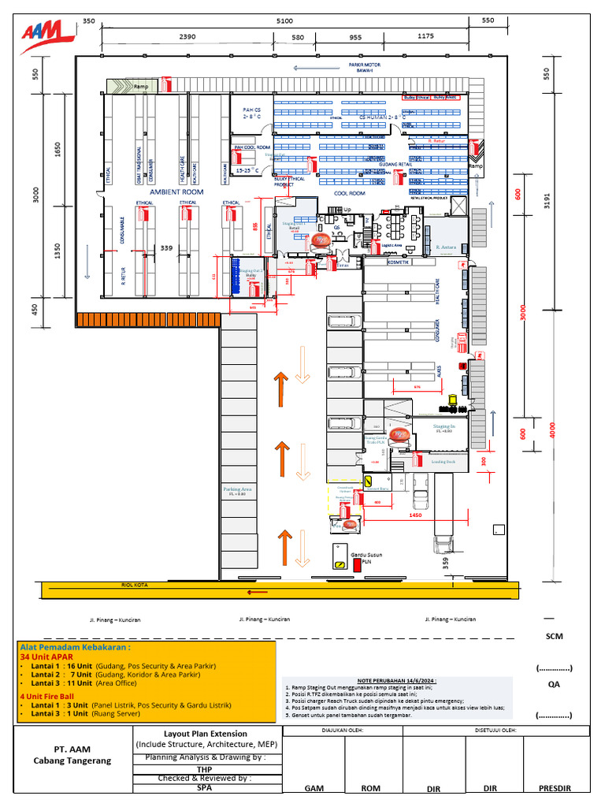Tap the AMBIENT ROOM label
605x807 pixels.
tap(176, 192)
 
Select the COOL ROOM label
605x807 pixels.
tap(350, 192)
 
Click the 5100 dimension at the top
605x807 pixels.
tap(284, 21)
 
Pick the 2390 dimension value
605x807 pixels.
tap(187, 36)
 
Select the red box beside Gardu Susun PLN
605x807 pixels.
tap(357, 564)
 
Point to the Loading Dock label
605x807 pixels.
tap(444, 462)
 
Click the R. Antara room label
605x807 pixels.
tap(447, 247)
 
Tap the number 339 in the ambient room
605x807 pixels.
tap(166, 248)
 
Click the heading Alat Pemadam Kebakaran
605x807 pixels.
tap(75, 646)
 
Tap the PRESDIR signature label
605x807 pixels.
tap(555, 787)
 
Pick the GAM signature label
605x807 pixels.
tap(313, 787)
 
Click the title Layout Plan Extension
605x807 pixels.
tap(206, 733)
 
